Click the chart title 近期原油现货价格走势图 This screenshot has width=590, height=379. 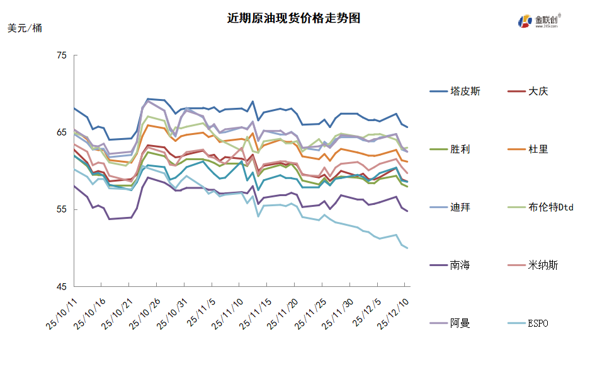(293, 18)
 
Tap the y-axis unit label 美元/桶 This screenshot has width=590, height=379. (25, 28)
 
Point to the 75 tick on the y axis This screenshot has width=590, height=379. (62, 55)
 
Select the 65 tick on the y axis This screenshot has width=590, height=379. (62, 132)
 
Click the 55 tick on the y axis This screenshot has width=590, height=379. (62, 209)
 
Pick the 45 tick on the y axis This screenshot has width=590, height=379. (62, 286)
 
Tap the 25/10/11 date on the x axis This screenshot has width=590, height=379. (62, 313)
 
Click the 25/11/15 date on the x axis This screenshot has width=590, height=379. (256, 313)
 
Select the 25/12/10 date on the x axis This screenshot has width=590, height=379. (395, 313)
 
